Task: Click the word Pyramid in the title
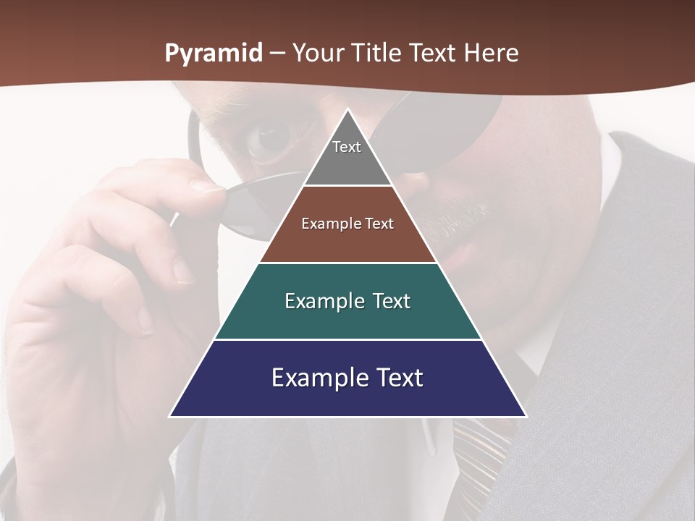point(214,53)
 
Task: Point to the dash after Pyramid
point(277,54)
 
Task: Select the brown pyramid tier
point(347,242)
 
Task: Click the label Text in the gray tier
point(347,147)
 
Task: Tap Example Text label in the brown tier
point(347,224)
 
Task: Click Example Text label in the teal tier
point(347,301)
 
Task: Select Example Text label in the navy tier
point(347,378)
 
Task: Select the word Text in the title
point(432,53)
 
